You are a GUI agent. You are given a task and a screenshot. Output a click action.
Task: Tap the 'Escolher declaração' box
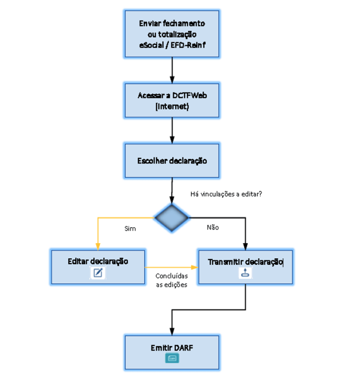coord(172,160)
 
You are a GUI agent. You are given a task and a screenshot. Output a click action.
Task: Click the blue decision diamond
coord(172,218)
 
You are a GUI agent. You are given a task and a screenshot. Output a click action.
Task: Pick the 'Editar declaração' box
coord(98,266)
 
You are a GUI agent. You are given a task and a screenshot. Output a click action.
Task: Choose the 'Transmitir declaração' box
coord(245,266)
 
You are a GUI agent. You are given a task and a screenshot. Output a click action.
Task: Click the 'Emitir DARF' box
coord(172,352)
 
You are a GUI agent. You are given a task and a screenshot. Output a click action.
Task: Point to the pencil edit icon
coord(98,273)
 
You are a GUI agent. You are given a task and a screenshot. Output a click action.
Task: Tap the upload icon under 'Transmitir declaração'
coord(245,273)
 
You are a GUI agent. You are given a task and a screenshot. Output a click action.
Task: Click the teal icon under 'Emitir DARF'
coord(172,358)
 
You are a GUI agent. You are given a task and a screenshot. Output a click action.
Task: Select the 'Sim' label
coord(130,229)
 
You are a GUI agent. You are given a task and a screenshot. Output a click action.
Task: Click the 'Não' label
coord(213,228)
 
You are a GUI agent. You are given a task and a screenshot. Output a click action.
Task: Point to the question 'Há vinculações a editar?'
coord(226,194)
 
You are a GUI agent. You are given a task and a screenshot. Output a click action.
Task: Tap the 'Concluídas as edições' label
coord(171,281)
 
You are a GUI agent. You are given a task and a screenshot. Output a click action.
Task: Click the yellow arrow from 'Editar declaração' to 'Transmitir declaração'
coord(171,267)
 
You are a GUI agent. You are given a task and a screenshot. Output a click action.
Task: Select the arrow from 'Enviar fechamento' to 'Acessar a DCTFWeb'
coord(172,70)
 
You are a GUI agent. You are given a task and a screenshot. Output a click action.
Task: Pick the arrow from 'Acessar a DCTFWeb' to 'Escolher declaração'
coord(172,130)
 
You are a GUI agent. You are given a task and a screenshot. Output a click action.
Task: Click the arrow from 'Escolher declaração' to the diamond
coord(172,191)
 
